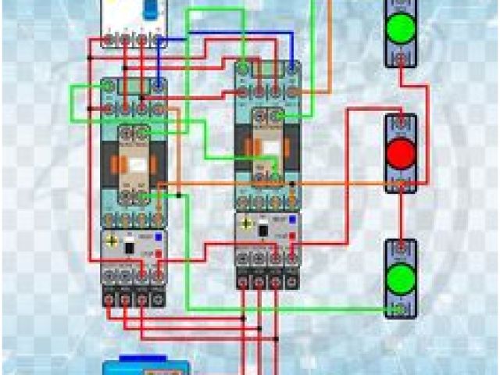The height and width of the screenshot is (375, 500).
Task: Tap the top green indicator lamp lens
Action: (400, 27)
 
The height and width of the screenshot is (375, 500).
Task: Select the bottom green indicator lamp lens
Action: (401, 277)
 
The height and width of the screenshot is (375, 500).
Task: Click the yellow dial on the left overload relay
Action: (114, 241)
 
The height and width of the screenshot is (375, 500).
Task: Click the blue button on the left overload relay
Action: (159, 235)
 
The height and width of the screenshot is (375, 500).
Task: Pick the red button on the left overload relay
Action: (159, 254)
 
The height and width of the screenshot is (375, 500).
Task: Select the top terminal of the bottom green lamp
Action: (401, 248)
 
